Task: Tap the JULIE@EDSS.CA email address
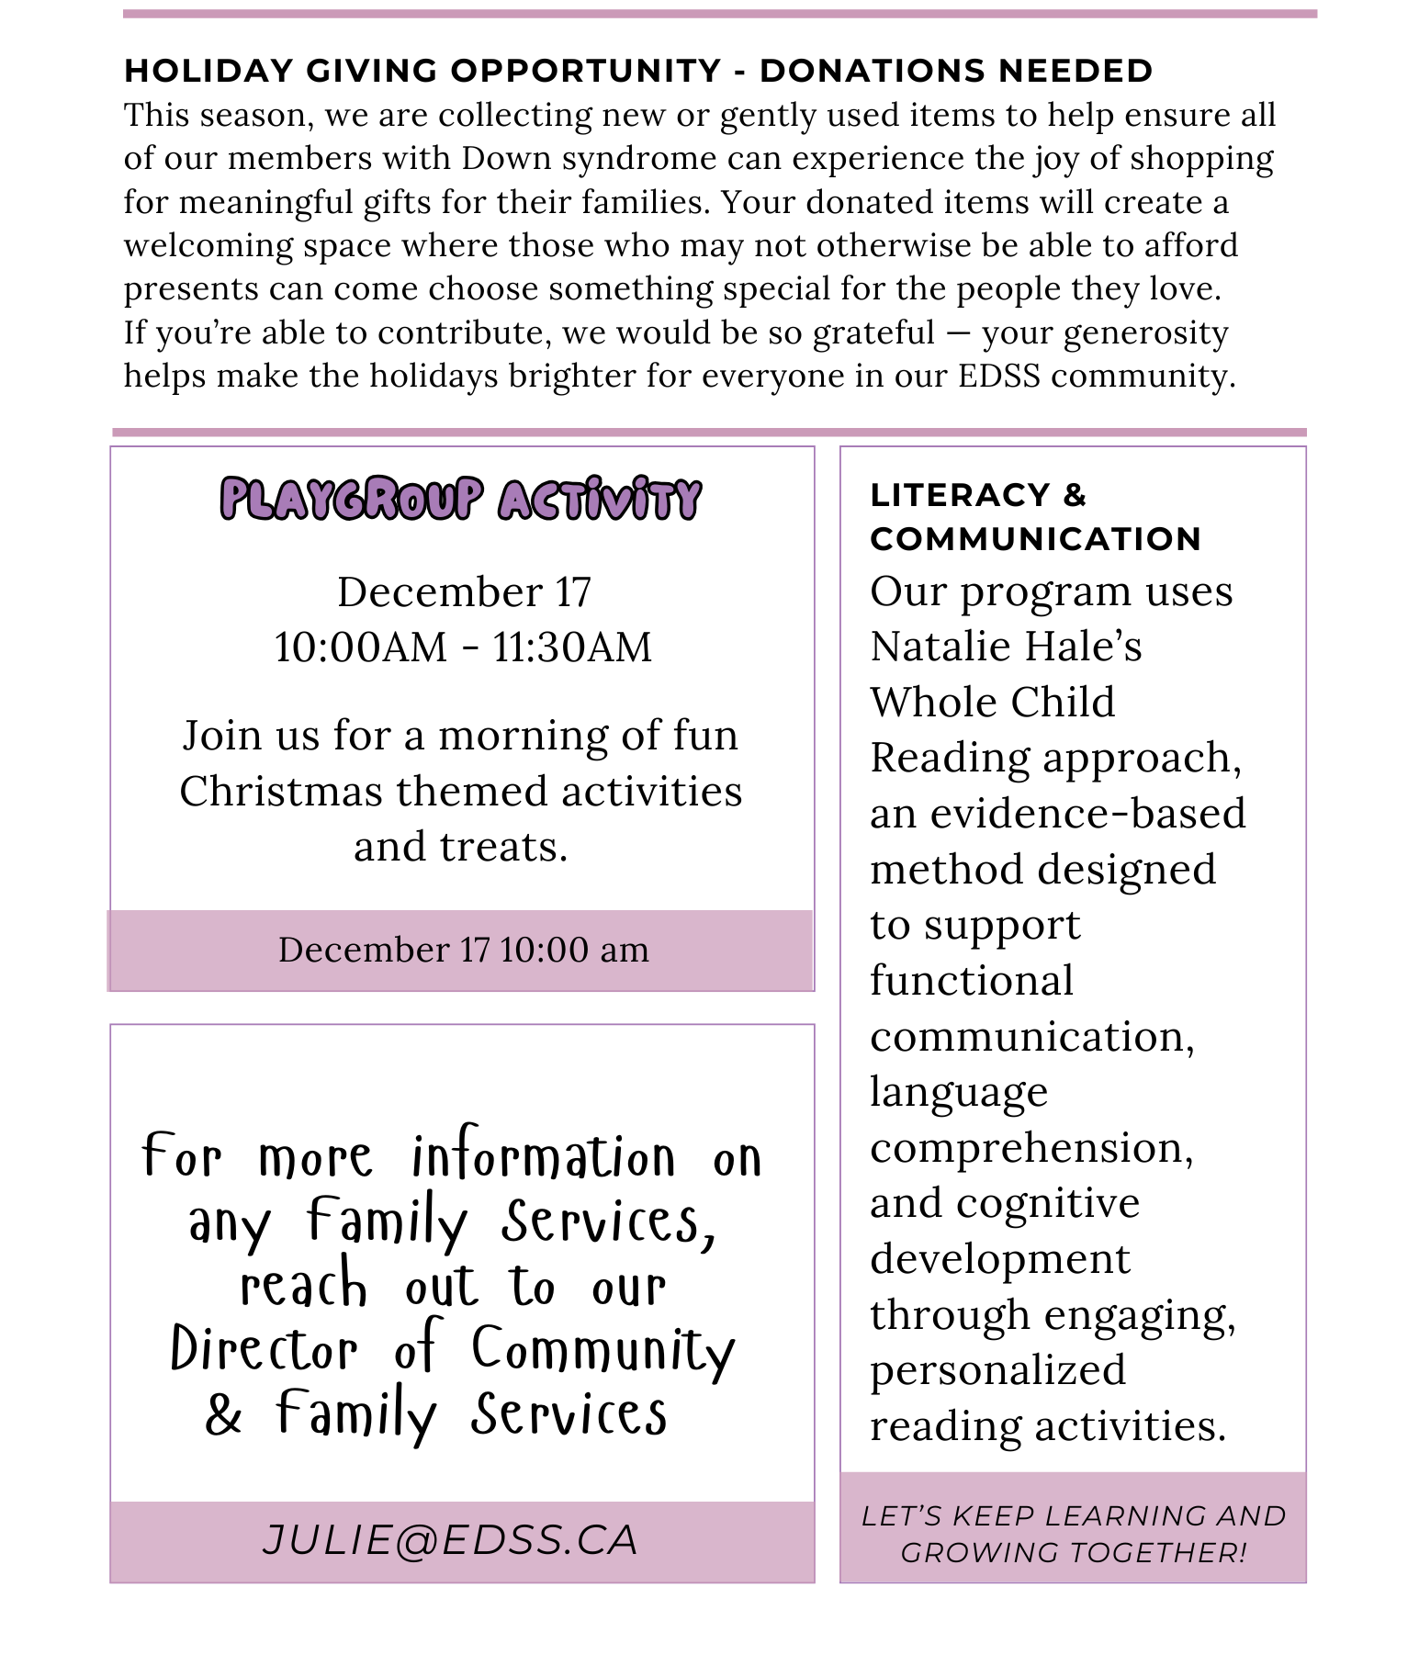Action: click(x=450, y=1540)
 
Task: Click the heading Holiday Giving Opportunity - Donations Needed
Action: click(x=638, y=71)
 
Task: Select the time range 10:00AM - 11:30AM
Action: click(x=463, y=647)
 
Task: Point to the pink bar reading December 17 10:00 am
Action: click(x=462, y=950)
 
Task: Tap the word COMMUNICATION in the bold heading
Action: click(x=1035, y=539)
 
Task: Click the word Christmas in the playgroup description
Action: click(x=281, y=792)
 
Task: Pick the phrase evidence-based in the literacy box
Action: click(x=1087, y=814)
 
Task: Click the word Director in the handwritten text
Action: click(x=265, y=1350)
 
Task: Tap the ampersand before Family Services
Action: click(x=223, y=1414)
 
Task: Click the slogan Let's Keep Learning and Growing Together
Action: click(x=1073, y=1533)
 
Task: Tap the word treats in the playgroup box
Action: click(x=502, y=847)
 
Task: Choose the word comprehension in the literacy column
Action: click(x=1031, y=1148)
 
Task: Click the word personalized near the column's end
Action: click(x=997, y=1370)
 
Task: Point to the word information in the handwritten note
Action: click(x=544, y=1157)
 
